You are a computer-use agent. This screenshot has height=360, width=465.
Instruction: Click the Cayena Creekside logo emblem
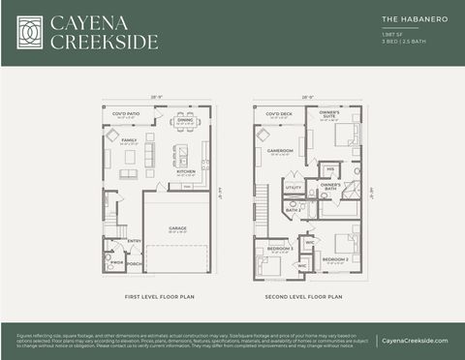point(30,32)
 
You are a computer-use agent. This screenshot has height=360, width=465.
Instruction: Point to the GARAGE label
point(177,228)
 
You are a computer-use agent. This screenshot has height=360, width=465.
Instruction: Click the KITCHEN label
point(186,171)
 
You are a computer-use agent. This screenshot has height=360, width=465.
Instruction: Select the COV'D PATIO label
point(126,114)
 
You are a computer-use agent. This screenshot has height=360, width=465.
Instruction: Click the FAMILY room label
point(129,139)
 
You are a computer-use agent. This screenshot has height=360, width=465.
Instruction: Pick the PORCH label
point(134,263)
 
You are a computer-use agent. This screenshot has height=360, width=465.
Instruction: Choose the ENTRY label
point(134,241)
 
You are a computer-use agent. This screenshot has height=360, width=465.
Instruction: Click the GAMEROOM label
point(280,150)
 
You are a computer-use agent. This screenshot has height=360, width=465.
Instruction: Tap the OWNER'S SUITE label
point(329,114)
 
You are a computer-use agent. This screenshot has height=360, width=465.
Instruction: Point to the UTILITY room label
point(293,188)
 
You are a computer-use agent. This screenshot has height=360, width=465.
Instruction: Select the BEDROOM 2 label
point(335,258)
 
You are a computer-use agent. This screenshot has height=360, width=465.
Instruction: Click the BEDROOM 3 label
point(280,249)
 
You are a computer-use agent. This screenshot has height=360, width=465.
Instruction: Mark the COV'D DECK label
point(281,114)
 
